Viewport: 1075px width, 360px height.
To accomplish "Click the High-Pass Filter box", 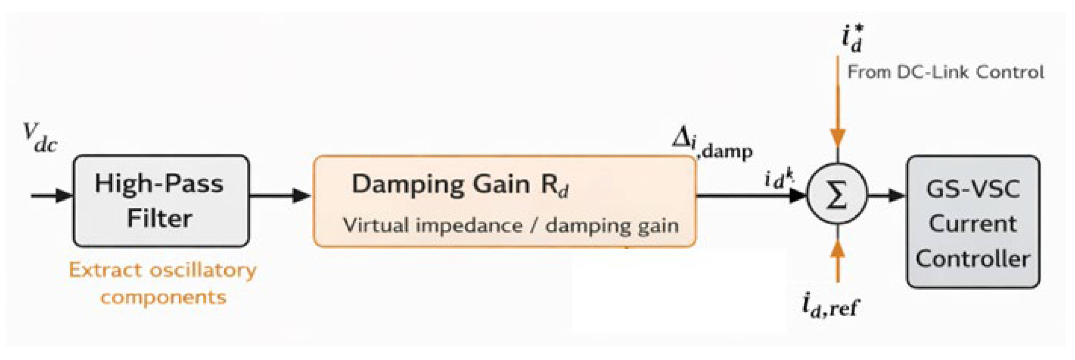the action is tap(161, 201).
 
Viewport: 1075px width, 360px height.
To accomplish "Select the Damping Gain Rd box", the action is tap(505, 201).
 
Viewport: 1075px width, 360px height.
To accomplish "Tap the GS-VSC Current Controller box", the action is tap(973, 221).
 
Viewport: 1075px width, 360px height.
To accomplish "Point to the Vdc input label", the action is tap(40, 138).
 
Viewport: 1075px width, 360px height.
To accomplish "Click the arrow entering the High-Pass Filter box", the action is tap(52, 195).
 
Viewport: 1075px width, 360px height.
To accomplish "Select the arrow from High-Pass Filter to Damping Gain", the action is tap(280, 195).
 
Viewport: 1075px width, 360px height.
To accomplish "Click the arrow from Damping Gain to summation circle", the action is tap(751, 195).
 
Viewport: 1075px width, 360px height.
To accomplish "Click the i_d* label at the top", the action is tap(851, 39).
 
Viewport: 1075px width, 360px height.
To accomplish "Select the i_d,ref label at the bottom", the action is tap(830, 306).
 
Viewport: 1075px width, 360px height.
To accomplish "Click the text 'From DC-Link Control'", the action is tap(946, 73).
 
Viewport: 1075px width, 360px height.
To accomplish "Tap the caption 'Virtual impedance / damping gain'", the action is tap(511, 226).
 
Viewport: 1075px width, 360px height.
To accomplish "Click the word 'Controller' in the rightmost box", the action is tap(973, 259).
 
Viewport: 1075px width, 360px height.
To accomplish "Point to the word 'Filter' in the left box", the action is tap(159, 219).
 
